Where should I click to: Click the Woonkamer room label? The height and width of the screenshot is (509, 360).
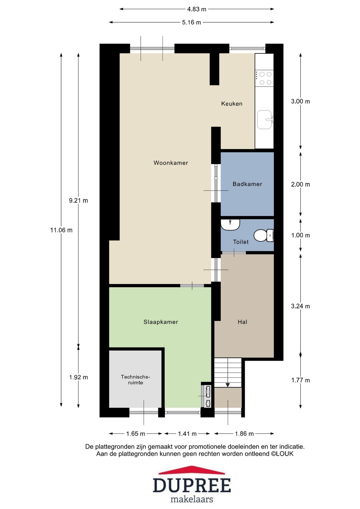tap(171, 163)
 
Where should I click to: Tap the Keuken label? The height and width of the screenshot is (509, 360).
tap(232, 104)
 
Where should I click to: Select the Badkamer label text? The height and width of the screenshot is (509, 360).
tap(247, 184)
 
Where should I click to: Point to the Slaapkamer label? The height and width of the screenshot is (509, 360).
tap(161, 322)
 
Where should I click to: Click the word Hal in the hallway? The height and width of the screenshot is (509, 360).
tap(242, 322)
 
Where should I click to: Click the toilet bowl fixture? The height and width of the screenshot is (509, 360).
tap(263, 235)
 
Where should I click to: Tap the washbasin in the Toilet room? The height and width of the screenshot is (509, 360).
tap(230, 225)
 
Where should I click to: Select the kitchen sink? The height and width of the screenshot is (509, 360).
tap(265, 119)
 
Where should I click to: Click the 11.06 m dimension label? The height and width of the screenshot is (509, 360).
tap(61, 230)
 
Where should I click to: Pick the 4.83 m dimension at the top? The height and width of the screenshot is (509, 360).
tap(196, 9)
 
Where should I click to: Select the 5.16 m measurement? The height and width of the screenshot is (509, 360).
tap(191, 22)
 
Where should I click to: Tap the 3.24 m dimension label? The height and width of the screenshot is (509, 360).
tap(300, 306)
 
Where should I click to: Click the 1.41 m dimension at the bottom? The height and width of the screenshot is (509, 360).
tap(187, 434)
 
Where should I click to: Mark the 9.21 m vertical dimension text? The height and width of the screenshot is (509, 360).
tap(78, 200)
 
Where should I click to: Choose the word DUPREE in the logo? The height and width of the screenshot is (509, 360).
tap(192, 486)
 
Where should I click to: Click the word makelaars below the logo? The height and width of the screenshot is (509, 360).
tap(192, 499)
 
